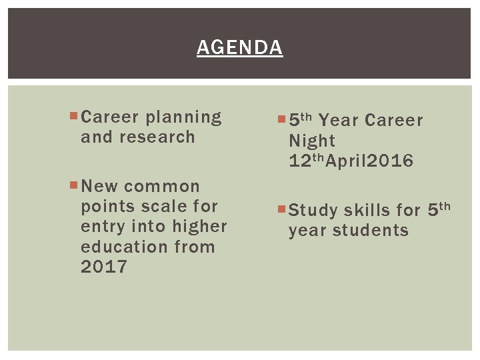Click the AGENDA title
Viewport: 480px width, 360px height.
click(x=240, y=48)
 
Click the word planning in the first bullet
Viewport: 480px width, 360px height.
click(x=183, y=117)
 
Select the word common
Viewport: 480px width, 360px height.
click(x=162, y=186)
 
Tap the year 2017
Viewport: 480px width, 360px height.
click(x=103, y=267)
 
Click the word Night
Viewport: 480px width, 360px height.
click(x=312, y=141)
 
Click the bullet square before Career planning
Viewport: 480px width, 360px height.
click(x=73, y=117)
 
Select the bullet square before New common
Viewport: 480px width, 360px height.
click(x=73, y=185)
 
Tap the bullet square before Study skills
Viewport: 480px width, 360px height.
click(x=282, y=210)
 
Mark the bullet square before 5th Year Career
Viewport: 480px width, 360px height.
click(x=282, y=120)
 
